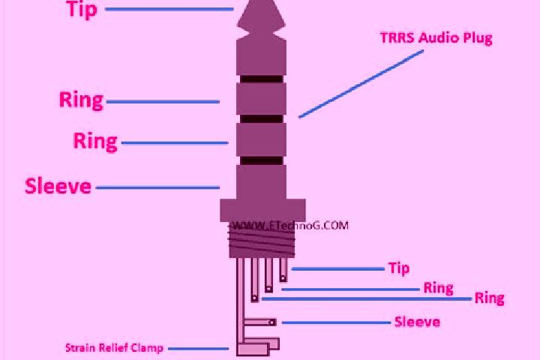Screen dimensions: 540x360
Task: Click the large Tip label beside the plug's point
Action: click(x=82, y=9)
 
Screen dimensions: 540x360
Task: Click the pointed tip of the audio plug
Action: click(x=261, y=1)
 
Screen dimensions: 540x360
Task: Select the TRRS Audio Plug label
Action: click(x=436, y=38)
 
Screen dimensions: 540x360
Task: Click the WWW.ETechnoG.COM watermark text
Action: click(x=290, y=226)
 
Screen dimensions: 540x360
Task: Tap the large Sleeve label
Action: click(x=58, y=186)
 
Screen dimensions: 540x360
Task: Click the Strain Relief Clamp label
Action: click(x=114, y=348)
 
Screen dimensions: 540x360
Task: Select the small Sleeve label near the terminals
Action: click(x=417, y=322)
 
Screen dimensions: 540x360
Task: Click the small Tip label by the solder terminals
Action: click(x=399, y=268)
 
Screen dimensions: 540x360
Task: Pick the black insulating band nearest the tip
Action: click(x=262, y=79)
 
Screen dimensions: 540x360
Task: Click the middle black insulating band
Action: click(x=262, y=118)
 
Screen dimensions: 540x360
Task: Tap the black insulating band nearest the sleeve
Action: click(x=262, y=160)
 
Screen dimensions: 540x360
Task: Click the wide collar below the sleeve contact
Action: click(x=262, y=210)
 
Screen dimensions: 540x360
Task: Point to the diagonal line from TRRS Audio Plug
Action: click(x=361, y=84)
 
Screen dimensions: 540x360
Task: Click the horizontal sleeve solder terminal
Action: click(x=260, y=322)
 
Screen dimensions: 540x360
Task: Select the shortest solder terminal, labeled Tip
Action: click(x=283, y=270)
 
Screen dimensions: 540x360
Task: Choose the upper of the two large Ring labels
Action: click(x=81, y=100)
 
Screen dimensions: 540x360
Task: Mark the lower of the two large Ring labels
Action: click(x=95, y=141)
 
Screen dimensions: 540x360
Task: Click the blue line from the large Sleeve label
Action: click(x=157, y=187)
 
